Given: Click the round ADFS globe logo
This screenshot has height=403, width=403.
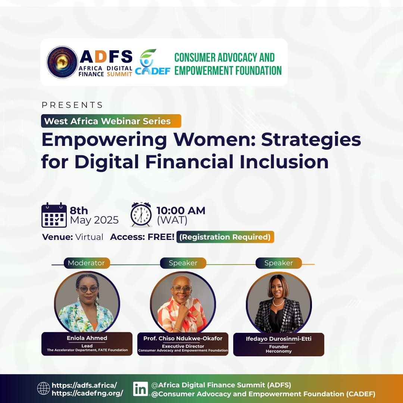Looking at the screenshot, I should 62,62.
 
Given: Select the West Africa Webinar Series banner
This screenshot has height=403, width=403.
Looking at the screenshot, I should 111,121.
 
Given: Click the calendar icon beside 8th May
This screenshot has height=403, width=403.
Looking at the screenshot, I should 54,215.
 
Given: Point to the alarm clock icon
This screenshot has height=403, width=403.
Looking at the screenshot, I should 141,215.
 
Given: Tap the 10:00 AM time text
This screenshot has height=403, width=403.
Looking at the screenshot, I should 181,210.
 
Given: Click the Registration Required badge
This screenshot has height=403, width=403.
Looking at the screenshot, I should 225,237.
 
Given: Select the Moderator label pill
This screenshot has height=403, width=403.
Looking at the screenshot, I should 87,263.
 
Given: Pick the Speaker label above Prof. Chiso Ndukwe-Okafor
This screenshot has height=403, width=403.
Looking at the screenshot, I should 183,263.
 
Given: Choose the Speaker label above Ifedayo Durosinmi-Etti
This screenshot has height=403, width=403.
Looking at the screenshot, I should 278,263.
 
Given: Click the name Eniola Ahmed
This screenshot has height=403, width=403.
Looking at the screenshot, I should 87,338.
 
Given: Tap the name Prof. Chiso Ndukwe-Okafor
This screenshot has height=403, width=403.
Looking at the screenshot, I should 183,338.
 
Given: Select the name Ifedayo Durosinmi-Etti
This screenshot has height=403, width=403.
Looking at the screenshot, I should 278,339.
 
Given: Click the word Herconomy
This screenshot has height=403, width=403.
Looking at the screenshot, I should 278,351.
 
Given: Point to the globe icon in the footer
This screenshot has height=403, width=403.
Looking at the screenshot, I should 44,388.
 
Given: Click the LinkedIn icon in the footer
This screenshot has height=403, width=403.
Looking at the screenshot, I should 141,388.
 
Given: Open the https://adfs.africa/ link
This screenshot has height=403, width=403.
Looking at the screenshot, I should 84,385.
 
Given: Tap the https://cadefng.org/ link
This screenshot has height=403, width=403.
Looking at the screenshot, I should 87,393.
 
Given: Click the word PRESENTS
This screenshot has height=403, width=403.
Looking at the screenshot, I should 72,105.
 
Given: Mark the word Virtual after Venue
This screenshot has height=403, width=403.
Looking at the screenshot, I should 89,237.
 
